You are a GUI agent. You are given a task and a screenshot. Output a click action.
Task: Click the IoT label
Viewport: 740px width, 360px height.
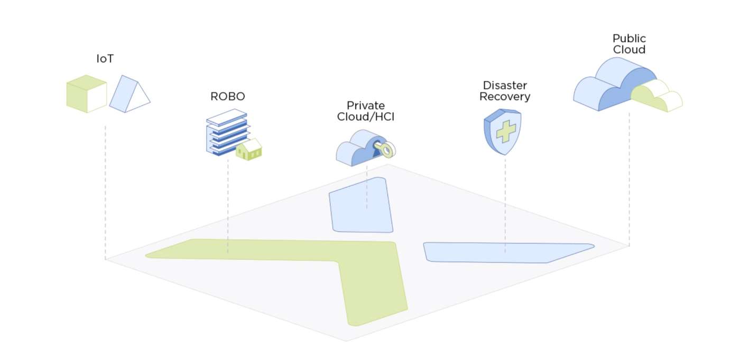click(105, 59)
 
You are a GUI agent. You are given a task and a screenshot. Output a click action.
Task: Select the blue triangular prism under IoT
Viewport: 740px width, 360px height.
click(128, 95)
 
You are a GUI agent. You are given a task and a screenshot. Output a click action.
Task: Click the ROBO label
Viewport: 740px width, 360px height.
click(228, 97)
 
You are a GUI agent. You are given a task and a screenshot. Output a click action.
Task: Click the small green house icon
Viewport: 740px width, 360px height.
click(249, 150)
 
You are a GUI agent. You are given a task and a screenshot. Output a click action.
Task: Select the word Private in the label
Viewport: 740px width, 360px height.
click(366, 105)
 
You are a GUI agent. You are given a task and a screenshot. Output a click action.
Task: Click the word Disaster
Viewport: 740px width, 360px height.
click(505, 86)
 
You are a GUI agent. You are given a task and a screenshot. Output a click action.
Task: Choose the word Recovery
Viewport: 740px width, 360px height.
click(505, 97)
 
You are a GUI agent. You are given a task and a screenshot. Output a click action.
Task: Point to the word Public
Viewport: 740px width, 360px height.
click(629, 39)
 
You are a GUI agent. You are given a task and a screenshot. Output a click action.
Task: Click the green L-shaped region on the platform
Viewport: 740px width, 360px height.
click(370, 280)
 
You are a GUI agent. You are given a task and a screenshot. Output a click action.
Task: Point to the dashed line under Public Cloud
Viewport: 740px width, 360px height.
click(629, 180)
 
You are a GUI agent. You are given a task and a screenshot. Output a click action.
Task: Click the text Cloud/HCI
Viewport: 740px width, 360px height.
click(366, 116)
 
